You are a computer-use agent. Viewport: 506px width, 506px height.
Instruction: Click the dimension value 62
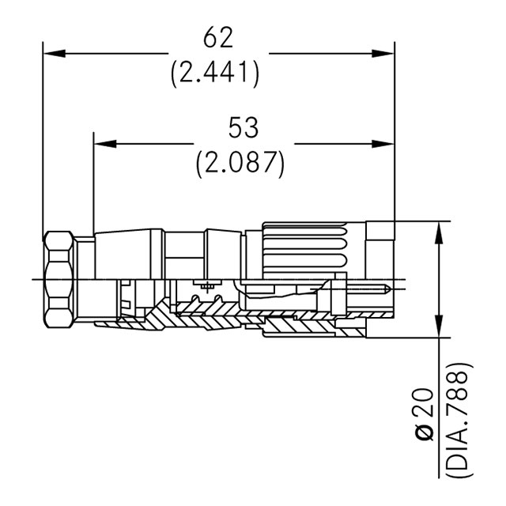coord(218,37)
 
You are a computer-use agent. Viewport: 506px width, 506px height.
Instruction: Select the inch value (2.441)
coord(214,72)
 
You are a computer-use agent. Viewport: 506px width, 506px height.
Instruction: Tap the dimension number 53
coord(244,128)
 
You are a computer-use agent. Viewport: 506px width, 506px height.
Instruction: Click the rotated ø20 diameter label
coord(424,414)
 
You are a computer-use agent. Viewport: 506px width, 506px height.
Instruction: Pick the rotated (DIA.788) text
coord(459,420)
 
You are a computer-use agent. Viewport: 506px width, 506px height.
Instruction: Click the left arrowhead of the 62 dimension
coord(55,53)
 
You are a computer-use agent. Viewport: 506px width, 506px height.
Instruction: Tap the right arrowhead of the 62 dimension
coord(383,53)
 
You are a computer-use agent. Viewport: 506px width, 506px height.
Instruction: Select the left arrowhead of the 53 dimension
coord(105,144)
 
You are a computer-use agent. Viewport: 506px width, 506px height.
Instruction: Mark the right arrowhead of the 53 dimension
coord(383,144)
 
